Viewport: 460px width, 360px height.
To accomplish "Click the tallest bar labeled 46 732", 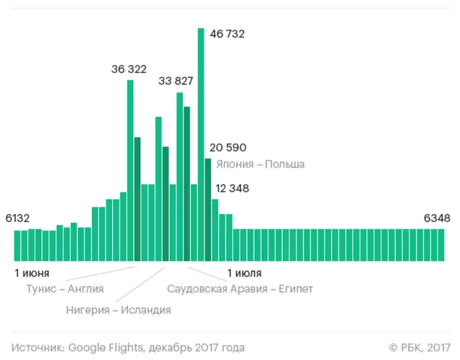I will (x=201, y=145).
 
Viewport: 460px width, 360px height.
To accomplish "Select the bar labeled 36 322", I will (x=130, y=170).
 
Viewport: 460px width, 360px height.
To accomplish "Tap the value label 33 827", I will (x=176, y=81).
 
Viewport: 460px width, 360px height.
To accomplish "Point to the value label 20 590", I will (x=228, y=148).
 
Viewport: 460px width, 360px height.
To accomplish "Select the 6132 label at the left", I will (x=18, y=218).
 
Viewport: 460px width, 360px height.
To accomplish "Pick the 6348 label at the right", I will (x=437, y=218).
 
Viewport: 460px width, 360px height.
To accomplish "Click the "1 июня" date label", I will (x=31, y=273).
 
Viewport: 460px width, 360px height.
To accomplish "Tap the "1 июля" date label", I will (x=244, y=273).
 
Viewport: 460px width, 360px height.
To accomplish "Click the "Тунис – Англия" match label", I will (x=65, y=289).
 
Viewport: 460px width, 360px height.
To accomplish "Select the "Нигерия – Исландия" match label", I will (x=118, y=310).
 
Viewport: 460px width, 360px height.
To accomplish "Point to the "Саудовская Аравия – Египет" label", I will (x=239, y=289).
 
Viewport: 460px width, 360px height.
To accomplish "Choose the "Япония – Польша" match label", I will (x=260, y=164).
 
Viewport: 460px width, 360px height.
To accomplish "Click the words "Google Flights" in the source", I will (x=97, y=347).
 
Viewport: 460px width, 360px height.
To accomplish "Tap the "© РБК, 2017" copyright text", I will (x=420, y=347).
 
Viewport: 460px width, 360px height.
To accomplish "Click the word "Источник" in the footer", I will (x=37, y=347).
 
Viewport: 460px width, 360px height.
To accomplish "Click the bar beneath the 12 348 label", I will (x=215, y=230).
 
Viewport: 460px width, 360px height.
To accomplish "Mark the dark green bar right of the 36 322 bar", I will (x=137, y=199).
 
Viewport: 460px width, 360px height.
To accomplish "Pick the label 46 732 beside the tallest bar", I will (x=227, y=34).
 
